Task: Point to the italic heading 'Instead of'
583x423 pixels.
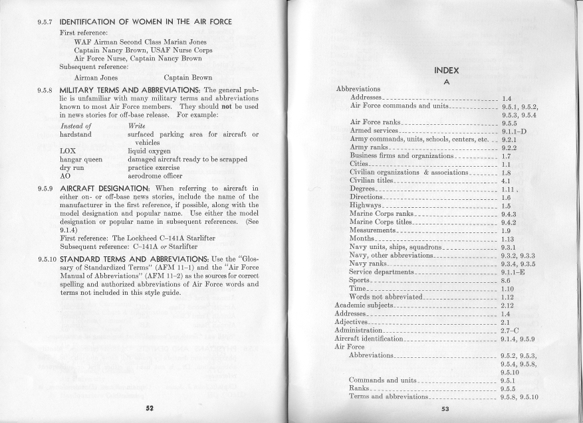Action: (x=75, y=125)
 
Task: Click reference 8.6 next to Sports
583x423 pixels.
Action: (x=507, y=281)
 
